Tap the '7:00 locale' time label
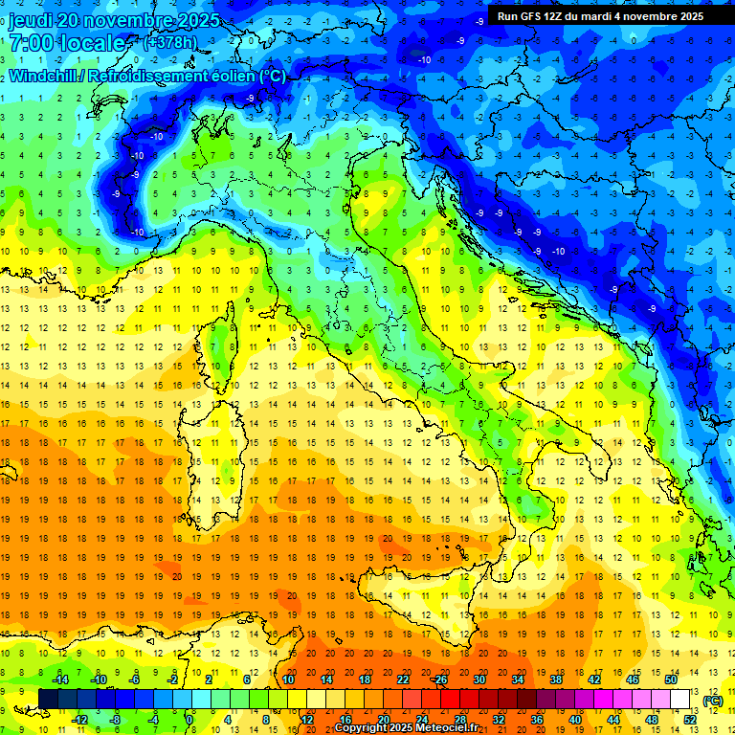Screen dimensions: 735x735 [x=68, y=43]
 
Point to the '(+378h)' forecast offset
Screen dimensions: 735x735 [x=171, y=42]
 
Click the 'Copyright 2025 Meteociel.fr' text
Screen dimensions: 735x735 [x=406, y=728]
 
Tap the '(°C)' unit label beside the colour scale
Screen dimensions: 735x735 [x=713, y=701]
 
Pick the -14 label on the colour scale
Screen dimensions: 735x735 [x=59, y=679]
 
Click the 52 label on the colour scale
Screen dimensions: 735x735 [x=690, y=720]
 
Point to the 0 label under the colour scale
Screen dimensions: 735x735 [x=189, y=720]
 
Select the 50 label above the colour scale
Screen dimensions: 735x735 [x=671, y=679]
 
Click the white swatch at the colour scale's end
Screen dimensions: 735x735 [x=680, y=700]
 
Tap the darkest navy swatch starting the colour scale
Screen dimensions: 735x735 [x=48, y=700]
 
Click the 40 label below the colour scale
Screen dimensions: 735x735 [x=575, y=720]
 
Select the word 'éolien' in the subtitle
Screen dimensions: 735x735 [x=220, y=76]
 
